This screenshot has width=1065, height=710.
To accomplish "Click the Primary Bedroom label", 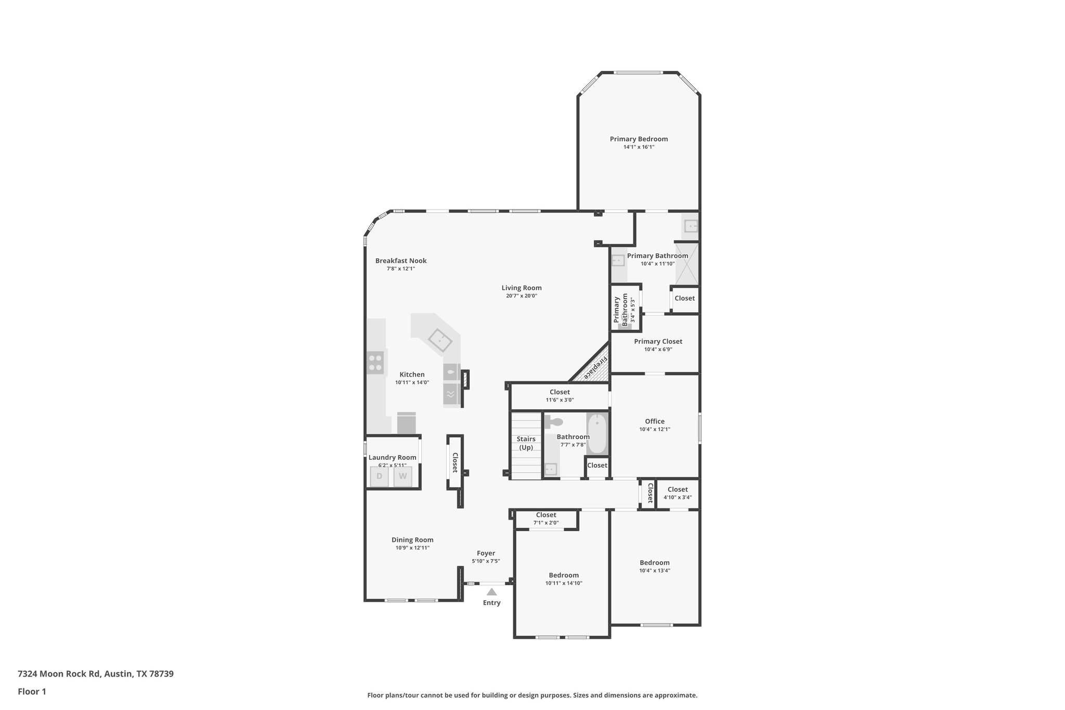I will [x=639, y=139].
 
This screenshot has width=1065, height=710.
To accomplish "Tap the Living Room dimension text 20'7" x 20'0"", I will [x=521, y=296].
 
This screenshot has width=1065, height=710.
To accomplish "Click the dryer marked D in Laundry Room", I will [x=379, y=476].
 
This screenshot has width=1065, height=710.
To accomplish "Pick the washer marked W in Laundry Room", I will [x=402, y=476].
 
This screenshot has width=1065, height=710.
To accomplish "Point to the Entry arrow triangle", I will [x=491, y=592].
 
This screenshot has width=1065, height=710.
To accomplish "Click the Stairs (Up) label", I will [x=526, y=443].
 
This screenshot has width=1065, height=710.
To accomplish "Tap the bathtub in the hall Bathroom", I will [x=597, y=433].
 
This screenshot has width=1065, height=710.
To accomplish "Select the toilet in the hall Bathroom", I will [x=554, y=422].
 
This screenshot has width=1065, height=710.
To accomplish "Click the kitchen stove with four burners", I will [x=375, y=362].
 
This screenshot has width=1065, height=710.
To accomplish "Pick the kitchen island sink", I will [x=440, y=341].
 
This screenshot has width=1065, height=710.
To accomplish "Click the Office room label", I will [x=655, y=421].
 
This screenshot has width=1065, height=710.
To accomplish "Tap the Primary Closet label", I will [x=658, y=342].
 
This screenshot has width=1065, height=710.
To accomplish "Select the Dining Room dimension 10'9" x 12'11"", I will [x=412, y=548].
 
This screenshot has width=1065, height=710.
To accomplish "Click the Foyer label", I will [x=486, y=553].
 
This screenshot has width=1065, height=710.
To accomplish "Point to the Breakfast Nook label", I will [x=401, y=261].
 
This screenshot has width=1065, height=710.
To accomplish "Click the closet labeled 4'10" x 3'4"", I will [x=678, y=493].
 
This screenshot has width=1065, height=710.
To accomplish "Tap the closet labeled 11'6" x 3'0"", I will [x=560, y=396].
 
